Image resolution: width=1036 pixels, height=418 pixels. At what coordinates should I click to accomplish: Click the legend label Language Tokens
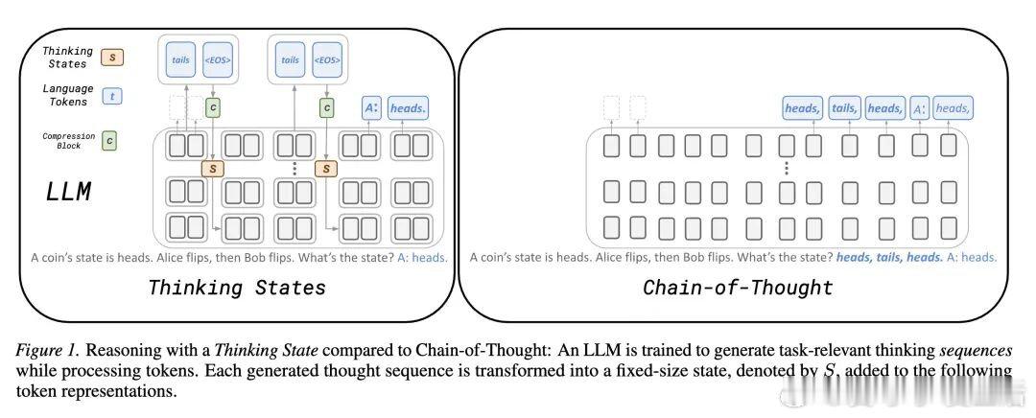pos(68,95)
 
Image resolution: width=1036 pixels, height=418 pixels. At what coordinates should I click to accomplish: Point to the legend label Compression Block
pos(68,140)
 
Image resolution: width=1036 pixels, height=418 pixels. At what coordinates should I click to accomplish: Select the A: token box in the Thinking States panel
pos(371,108)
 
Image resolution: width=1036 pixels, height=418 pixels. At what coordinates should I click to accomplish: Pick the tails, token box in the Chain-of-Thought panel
pos(844,108)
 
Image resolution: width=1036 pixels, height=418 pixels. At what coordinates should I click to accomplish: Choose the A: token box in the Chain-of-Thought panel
pos(919,108)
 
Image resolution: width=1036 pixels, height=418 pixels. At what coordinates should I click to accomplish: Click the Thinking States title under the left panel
pos(237,287)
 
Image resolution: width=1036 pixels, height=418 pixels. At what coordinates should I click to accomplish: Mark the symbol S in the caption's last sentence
pos(828,370)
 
